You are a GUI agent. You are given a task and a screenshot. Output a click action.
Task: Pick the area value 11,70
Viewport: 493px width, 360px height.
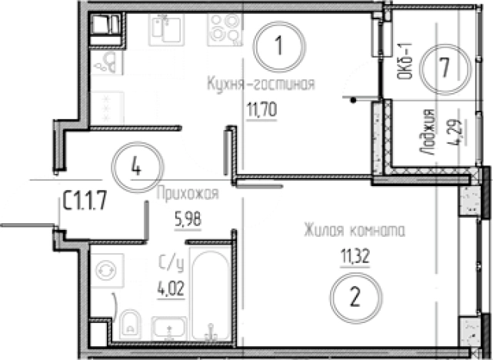coord(261,108)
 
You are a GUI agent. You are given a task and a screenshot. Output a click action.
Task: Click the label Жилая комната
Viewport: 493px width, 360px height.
coord(354,228)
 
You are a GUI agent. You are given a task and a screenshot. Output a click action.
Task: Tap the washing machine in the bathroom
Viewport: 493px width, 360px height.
coord(107,271)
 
